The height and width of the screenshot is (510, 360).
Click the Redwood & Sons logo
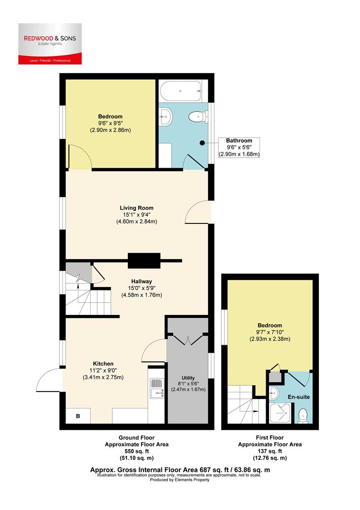[50, 43]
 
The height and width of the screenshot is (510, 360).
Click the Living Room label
[136, 208]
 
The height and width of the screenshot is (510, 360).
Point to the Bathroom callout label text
[239, 141]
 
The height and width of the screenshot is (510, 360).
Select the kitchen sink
[155, 390]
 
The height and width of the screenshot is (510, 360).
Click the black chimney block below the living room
[144, 260]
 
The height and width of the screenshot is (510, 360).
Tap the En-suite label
[298, 397]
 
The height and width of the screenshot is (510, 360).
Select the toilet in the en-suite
[303, 416]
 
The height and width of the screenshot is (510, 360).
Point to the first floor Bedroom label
[270, 325]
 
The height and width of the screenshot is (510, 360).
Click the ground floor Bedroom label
[110, 117]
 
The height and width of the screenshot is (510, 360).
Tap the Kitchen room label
[103, 364]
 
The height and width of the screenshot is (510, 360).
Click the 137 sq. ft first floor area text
[269, 451]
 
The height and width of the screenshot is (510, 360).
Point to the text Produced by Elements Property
[180, 479]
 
